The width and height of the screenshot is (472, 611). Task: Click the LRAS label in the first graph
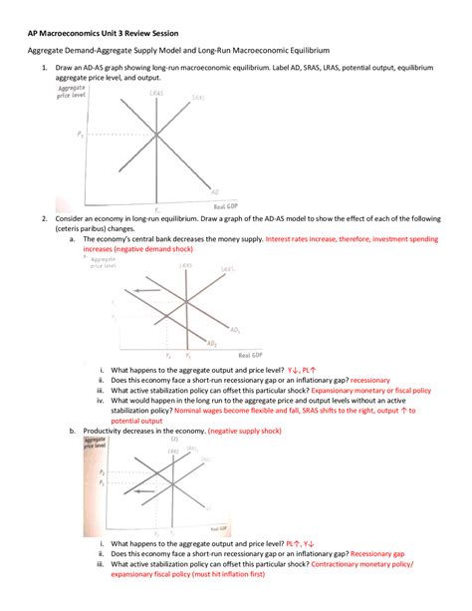point(156,93)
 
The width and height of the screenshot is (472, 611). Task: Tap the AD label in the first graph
point(215,190)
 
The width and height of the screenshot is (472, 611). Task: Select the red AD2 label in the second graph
point(212,342)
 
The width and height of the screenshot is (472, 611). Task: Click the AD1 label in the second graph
point(235,329)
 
